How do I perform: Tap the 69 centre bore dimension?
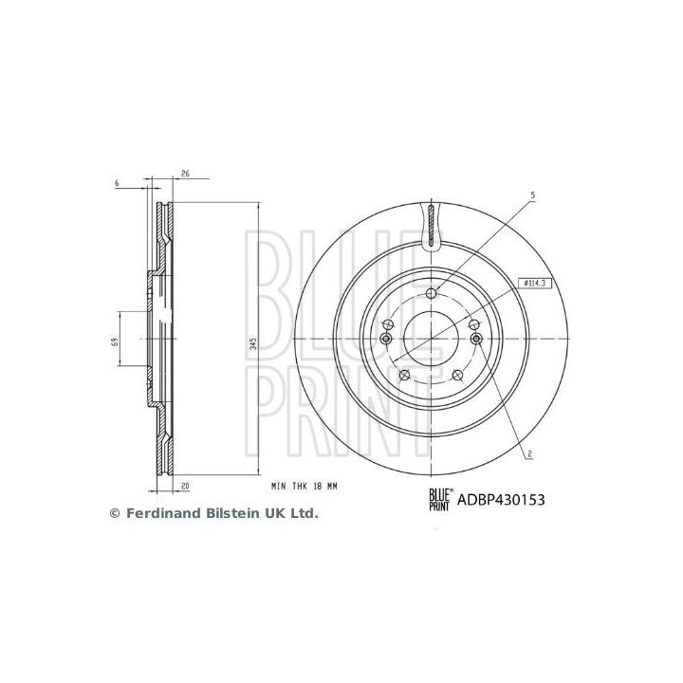(x=114, y=341)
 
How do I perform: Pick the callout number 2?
(x=528, y=452)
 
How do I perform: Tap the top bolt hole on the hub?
(x=432, y=292)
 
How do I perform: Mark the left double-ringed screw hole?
(x=386, y=341)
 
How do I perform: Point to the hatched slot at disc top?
(x=432, y=226)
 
